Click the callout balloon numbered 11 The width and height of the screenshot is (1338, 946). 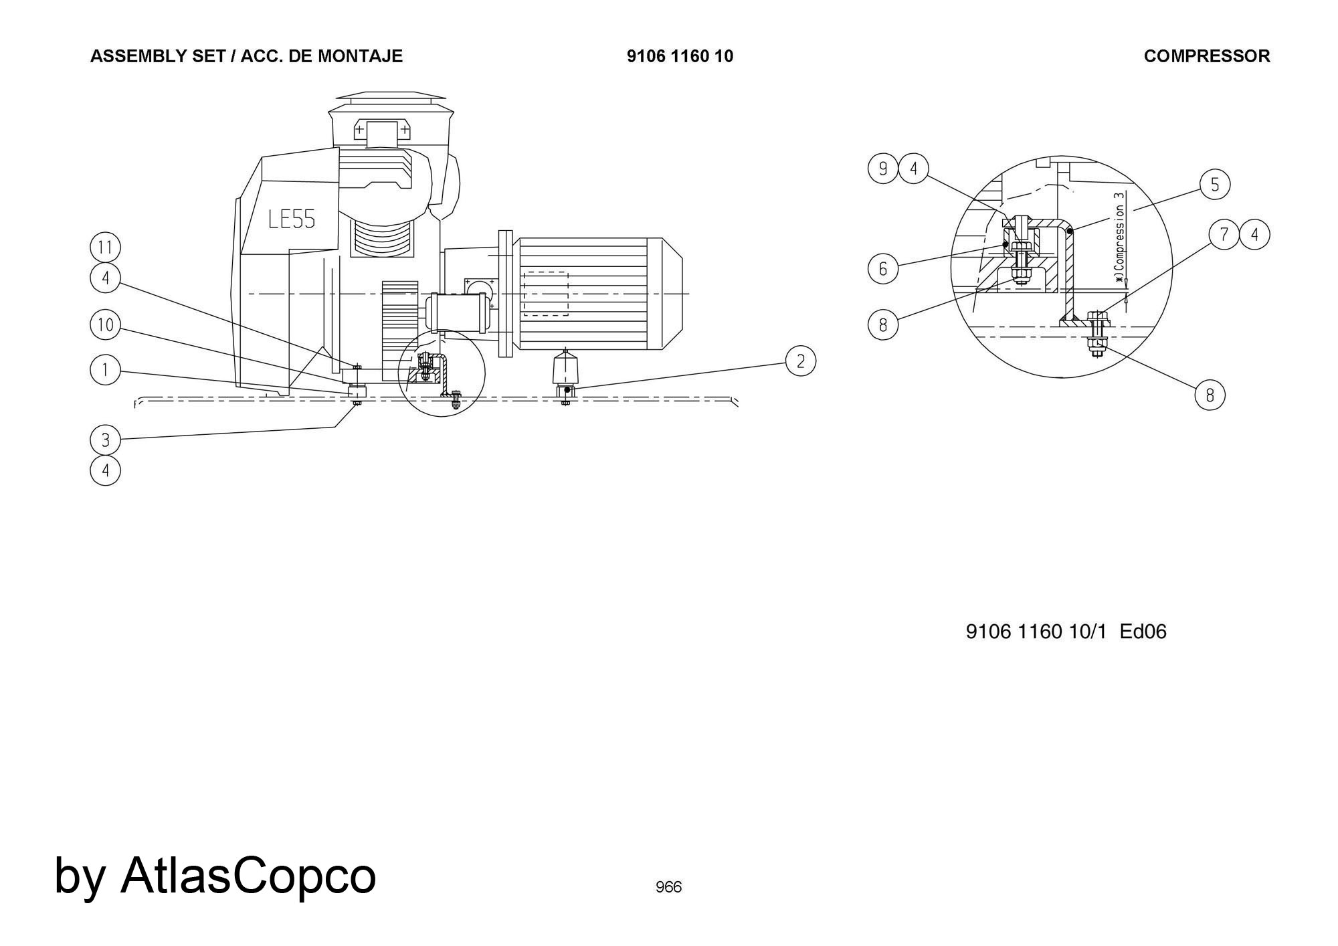coord(105,248)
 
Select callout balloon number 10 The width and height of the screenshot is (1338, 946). coord(105,325)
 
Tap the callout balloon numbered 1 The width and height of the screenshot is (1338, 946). coord(105,369)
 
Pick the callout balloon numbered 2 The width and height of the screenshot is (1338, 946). coord(801,362)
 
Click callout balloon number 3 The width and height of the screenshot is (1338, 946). coord(105,440)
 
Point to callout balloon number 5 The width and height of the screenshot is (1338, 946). coord(1215,185)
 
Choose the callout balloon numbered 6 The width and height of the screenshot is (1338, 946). coord(883,268)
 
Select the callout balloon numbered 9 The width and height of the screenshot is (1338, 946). coord(883,168)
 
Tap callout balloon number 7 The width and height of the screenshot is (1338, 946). coord(1224,235)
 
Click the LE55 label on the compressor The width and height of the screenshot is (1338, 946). coord(292,219)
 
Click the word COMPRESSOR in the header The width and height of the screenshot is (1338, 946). coord(1207,56)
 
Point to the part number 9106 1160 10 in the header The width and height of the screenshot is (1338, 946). coord(680,56)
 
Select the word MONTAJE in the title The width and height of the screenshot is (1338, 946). coord(360,56)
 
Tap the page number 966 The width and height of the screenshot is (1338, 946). coord(668,887)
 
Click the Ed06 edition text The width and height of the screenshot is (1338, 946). coord(1143,632)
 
